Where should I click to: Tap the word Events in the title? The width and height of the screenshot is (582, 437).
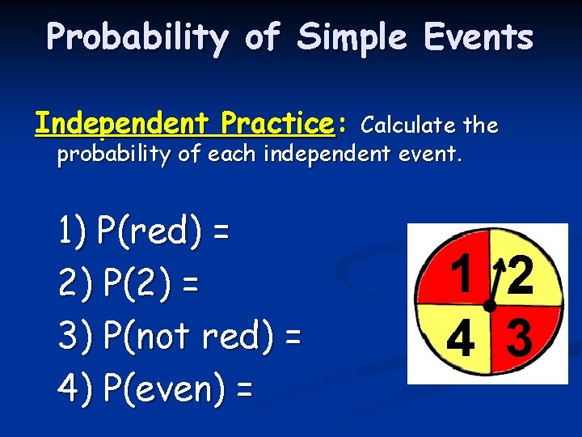483,37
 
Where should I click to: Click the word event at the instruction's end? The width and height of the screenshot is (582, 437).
435,155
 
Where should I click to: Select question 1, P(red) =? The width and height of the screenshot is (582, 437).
144,232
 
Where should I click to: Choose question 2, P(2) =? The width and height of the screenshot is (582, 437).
129,284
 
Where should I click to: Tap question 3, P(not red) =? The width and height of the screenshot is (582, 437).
179,336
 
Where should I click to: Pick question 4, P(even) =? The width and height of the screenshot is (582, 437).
155,389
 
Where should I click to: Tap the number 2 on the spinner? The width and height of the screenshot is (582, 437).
520,276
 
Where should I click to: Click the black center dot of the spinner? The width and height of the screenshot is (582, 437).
490,306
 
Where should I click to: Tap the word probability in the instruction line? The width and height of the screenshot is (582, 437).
103,155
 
